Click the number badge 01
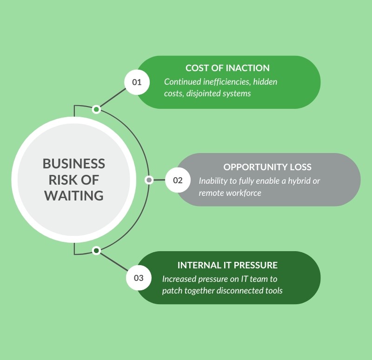pos(137,82)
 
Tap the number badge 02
pos(178,180)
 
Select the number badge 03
pos(139,278)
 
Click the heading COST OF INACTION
pos(227,68)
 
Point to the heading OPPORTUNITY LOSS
pos(267,167)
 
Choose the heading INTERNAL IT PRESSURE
pos(227,265)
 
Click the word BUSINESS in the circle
pos(74,164)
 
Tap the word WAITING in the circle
pos(74,195)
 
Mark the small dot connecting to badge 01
pos(96,109)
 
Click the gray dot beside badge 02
pos(149,180)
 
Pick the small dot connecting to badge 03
pos(96,251)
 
